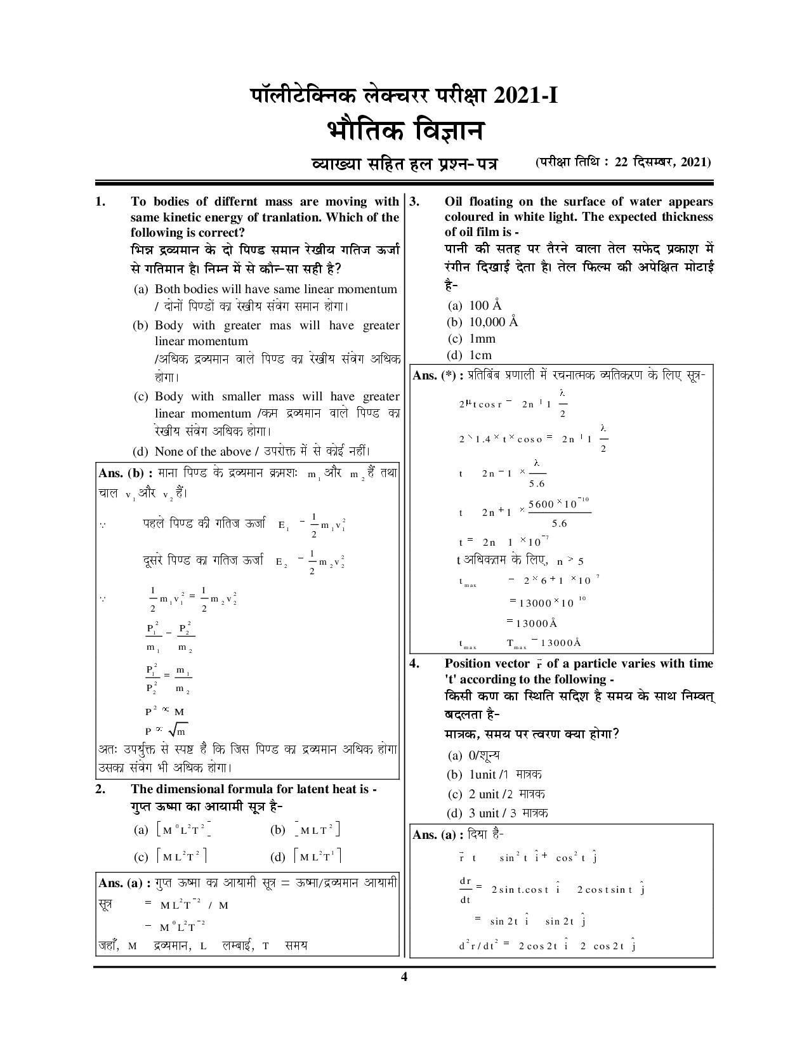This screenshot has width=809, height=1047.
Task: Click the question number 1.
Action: click(99, 202)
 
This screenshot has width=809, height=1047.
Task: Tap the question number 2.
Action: click(99, 789)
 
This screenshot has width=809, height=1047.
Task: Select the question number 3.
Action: click(414, 202)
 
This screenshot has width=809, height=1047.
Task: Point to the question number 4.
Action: click(414, 663)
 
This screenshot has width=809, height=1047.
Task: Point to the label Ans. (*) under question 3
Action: click(434, 376)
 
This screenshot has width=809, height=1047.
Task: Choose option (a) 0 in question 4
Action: click(473, 755)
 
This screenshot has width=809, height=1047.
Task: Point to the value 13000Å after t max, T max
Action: click(561, 643)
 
